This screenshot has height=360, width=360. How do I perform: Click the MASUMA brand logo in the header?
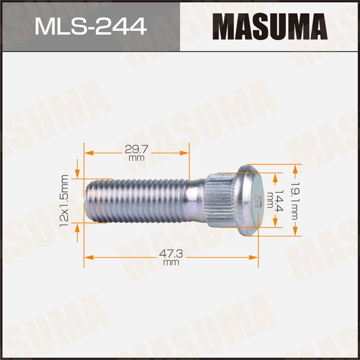270,26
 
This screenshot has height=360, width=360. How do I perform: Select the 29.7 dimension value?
136,150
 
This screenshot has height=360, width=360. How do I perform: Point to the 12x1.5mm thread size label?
64,201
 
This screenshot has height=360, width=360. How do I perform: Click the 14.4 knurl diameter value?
279,201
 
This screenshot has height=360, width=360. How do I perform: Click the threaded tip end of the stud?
89,201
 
